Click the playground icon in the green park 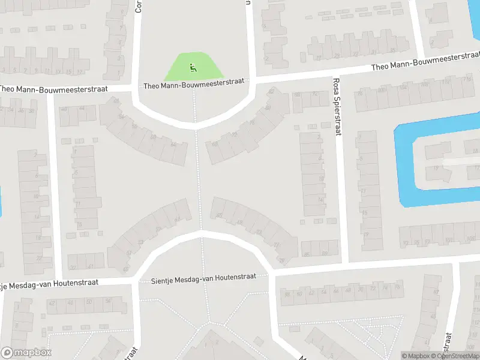193,67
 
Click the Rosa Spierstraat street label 336,106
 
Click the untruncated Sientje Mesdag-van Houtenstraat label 203,277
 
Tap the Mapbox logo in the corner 26,353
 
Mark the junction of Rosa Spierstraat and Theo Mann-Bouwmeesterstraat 336,74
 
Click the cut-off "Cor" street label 139,6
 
